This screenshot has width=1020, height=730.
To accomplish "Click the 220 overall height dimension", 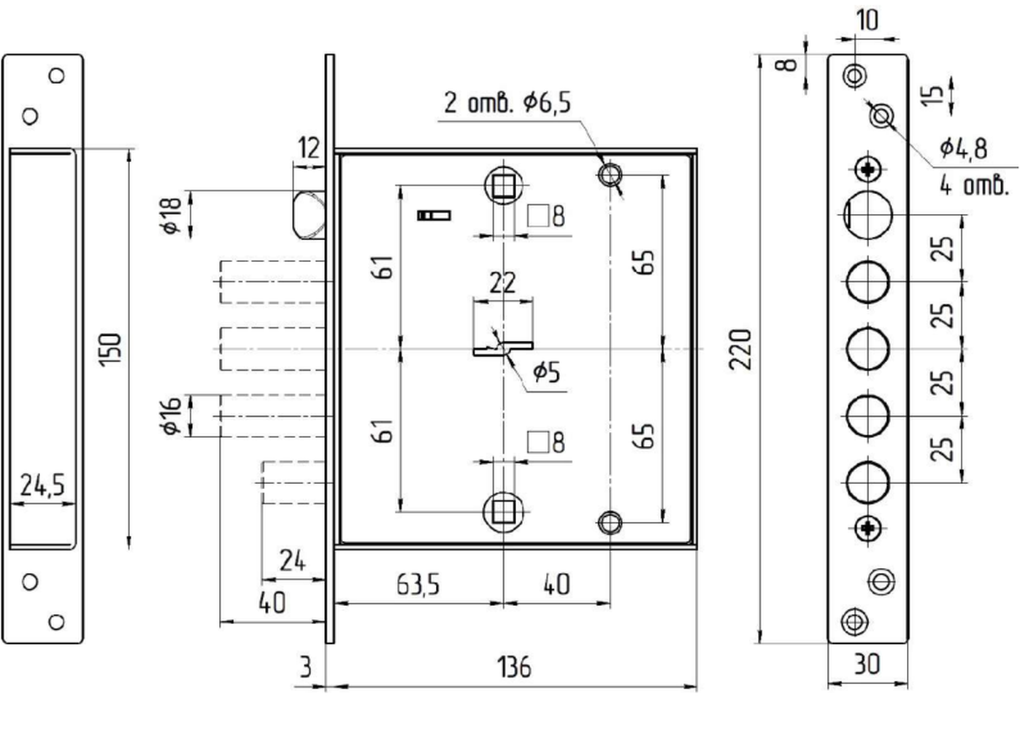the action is [x=740, y=349].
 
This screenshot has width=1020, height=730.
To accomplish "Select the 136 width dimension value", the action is [x=513, y=668].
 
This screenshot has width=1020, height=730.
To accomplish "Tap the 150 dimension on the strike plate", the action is [x=110, y=349].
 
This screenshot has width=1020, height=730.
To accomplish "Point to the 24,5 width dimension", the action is [x=42, y=485].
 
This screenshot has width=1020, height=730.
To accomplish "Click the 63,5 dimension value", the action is [x=418, y=585].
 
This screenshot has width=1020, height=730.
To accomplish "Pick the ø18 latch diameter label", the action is [x=172, y=216].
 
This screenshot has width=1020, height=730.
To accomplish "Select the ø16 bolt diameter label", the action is [x=172, y=416].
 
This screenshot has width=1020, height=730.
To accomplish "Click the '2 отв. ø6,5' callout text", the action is [x=507, y=102].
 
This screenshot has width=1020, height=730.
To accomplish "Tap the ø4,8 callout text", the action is [x=964, y=148].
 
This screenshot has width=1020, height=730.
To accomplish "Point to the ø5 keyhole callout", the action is [x=546, y=372].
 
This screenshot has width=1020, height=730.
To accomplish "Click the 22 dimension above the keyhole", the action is [x=503, y=283].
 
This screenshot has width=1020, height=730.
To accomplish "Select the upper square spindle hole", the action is [x=503, y=186].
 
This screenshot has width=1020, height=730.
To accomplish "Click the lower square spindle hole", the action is [x=503, y=512].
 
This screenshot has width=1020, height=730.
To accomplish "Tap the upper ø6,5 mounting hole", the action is [x=610, y=174].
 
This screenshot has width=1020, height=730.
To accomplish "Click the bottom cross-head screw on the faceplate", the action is [x=868, y=529].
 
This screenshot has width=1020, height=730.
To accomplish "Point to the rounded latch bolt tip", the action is [x=309, y=215].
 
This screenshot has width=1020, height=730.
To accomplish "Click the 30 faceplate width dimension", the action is [x=867, y=664].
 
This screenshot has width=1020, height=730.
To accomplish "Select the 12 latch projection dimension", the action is [x=309, y=147].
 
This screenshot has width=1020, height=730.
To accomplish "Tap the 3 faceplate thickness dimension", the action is [x=306, y=668].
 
